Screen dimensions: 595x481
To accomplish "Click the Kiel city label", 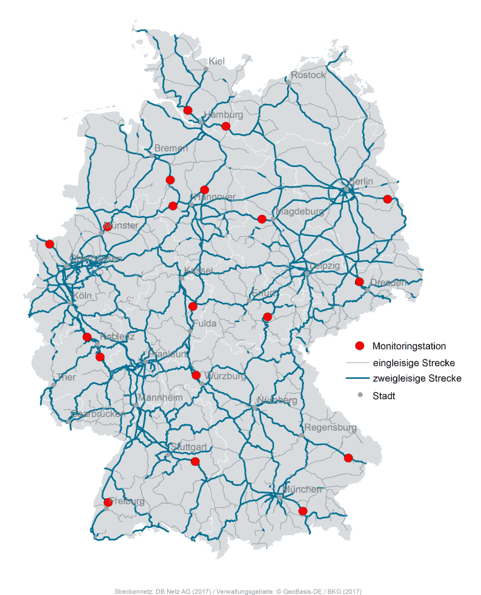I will pyautogui.click(x=216, y=61).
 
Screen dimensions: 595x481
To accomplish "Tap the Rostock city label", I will pyautogui.click(x=308, y=75).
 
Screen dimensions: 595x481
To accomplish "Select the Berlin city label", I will pyautogui.click(x=361, y=181).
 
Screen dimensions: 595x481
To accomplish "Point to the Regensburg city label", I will pyautogui.click(x=330, y=427).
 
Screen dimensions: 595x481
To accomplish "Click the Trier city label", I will pyautogui.click(x=65, y=378).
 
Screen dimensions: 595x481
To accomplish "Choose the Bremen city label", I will pyautogui.click(x=171, y=148).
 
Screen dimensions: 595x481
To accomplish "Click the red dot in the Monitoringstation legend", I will pyautogui.click(x=359, y=346).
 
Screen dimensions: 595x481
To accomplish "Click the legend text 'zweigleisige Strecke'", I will pyautogui.click(x=417, y=378).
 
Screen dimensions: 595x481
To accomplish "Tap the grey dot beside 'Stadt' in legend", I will pyautogui.click(x=360, y=395).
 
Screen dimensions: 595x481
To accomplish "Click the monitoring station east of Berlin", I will pyautogui.click(x=388, y=199).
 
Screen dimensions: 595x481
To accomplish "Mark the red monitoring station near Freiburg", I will pyautogui.click(x=108, y=502).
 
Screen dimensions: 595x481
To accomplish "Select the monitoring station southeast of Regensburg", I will pyautogui.click(x=348, y=458).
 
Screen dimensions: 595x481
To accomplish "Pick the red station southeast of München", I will pyautogui.click(x=303, y=511).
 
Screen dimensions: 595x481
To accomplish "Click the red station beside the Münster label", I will pyautogui.click(x=108, y=227).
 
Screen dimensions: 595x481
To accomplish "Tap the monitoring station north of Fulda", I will pyautogui.click(x=193, y=306).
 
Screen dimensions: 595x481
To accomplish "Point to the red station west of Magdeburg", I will pyautogui.click(x=262, y=219).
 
